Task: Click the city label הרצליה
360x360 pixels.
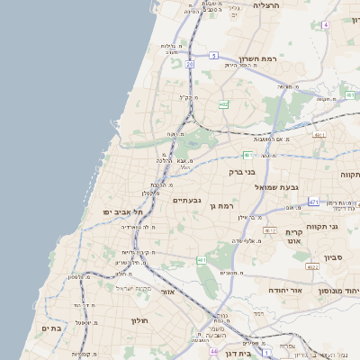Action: pos(267,5)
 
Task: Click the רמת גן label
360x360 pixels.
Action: pos(219,208)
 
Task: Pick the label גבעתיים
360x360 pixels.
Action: pos(186,200)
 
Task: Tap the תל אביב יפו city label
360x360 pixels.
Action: pos(118,211)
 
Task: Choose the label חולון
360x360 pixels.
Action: pos(139,320)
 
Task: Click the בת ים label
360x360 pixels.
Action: pos(51,328)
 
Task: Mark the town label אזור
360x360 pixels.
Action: pos(166,292)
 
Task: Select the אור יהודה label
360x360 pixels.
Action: pos(289,291)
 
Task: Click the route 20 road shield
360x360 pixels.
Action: pos(190,65)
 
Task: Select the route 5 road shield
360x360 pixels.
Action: pos(213,56)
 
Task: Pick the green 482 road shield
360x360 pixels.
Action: pos(223,105)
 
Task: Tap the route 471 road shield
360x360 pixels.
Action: pos(312,202)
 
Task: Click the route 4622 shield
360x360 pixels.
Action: pos(312,267)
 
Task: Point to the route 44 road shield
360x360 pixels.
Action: pos(213,351)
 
